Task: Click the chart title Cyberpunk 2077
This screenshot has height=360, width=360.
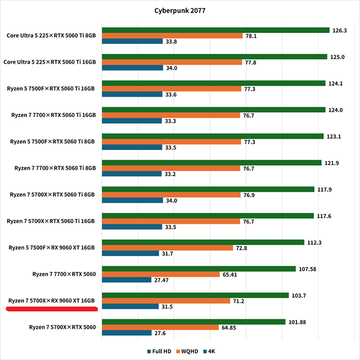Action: (179, 10)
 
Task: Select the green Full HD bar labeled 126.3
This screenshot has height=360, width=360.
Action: (216, 30)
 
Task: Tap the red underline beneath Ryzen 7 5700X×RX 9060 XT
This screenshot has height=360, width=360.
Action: (52, 310)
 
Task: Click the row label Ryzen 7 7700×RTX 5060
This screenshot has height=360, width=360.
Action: (64, 274)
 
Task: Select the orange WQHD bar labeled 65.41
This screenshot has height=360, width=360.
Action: (161, 274)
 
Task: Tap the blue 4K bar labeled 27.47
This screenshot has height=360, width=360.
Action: (127, 280)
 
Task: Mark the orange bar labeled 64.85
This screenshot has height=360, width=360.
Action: (160, 328)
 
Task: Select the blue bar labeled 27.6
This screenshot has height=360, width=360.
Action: (127, 333)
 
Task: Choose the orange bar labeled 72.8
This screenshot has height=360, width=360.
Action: (167, 248)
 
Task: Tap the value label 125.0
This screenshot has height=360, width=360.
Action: (337, 57)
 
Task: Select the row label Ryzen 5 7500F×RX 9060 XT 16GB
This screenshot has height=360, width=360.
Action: (52, 247)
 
